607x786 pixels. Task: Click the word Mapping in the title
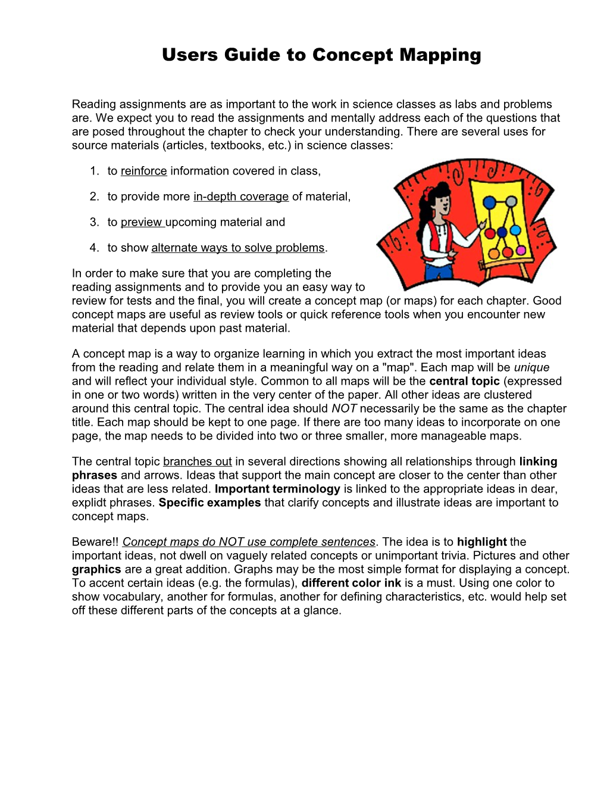pos(440,55)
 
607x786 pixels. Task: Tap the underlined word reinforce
pos(143,171)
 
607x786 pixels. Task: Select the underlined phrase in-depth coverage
pos(240,197)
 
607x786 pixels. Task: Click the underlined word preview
pos(142,223)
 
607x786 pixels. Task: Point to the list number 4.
pos(94,248)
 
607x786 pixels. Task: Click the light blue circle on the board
pos(515,230)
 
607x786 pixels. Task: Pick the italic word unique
pos(531,368)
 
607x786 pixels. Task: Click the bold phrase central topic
pos(464,382)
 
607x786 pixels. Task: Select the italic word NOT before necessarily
pos(344,409)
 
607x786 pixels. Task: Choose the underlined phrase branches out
pos(197,462)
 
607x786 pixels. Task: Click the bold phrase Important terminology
pos(277,489)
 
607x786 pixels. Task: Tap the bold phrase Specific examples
pos(209,503)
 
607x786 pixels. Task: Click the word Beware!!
pos(95,542)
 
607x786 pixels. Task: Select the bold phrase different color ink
pos(351,584)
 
